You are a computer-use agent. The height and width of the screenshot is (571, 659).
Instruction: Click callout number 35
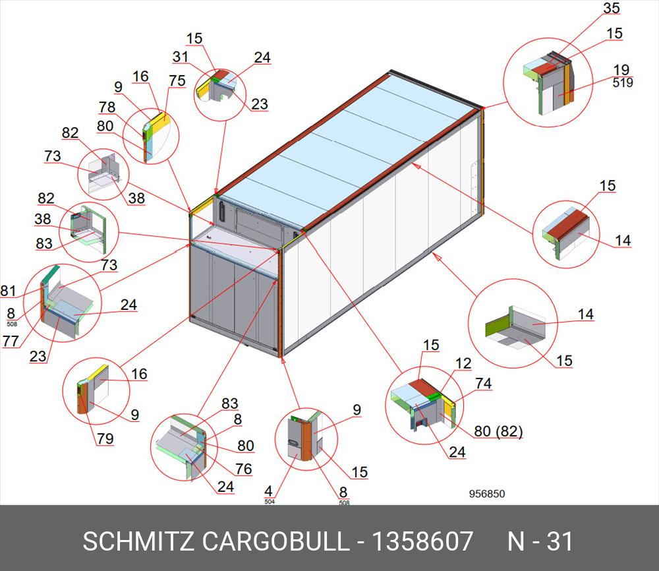[612, 9]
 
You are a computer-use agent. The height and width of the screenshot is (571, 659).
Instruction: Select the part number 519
[622, 83]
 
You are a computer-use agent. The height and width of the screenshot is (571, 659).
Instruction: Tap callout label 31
[181, 57]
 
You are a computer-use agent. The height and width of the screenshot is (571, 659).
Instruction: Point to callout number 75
[177, 80]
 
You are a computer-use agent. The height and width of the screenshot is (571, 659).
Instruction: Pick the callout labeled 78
[107, 107]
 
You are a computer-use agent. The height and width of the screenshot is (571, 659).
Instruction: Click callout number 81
[9, 290]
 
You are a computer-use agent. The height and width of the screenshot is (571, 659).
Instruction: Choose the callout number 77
[10, 341]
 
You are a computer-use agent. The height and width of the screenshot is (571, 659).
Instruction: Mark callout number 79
[105, 438]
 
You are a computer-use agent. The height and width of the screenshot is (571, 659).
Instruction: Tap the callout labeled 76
[244, 469]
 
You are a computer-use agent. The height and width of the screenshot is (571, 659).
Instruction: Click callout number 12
[463, 363]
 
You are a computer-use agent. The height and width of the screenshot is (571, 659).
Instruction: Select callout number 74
[483, 384]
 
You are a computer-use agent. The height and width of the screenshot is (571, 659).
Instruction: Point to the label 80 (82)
[498, 432]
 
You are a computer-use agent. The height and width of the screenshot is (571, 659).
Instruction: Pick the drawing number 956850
[487, 494]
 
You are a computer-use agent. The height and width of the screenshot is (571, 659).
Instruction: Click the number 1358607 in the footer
[422, 541]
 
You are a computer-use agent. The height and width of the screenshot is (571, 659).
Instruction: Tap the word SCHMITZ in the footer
[138, 541]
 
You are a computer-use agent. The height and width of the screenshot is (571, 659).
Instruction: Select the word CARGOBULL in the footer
[275, 541]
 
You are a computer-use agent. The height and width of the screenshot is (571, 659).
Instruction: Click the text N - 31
[540, 541]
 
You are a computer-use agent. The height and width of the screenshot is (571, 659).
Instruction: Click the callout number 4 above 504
[269, 491]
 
